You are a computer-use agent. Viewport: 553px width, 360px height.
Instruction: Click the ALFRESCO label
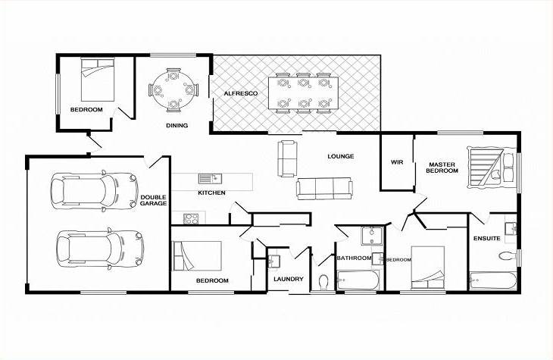pyautogui.click(x=241, y=93)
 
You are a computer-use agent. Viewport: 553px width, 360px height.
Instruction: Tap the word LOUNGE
pyautogui.click(x=341, y=156)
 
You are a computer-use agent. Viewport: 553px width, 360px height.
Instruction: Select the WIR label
pyautogui.click(x=397, y=162)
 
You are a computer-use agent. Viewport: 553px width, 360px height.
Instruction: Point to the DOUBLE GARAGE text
pyautogui.click(x=154, y=200)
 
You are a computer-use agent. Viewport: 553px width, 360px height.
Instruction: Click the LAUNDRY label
pyautogui.click(x=289, y=279)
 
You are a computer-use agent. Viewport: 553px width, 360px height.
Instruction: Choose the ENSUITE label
pyautogui.click(x=486, y=239)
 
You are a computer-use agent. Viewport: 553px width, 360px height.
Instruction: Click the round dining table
pyautogui.click(x=173, y=90)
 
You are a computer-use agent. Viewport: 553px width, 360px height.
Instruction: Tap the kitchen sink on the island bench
pyautogui.click(x=210, y=179)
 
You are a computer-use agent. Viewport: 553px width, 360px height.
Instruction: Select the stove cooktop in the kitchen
pyautogui.click(x=191, y=218)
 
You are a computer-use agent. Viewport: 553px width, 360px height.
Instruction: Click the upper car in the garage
pyautogui.click(x=94, y=190)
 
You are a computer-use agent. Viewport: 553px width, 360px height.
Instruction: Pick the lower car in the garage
pyautogui.click(x=100, y=249)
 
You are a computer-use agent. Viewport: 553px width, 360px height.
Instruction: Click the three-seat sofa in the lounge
pyautogui.click(x=324, y=189)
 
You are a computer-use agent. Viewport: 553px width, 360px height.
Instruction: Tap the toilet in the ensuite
pyautogui.click(x=508, y=255)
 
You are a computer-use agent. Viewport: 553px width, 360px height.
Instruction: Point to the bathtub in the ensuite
pyautogui.click(x=493, y=281)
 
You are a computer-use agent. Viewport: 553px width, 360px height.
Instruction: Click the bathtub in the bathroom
pyautogui.click(x=358, y=280)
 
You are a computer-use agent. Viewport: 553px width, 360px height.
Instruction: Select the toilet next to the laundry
pyautogui.click(x=323, y=282)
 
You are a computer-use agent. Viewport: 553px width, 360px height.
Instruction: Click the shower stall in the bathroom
pyautogui.click(x=372, y=236)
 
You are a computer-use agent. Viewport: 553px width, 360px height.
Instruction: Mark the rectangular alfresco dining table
pyautogui.click(x=303, y=93)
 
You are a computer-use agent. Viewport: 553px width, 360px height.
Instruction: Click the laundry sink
pyautogui.click(x=273, y=261)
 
